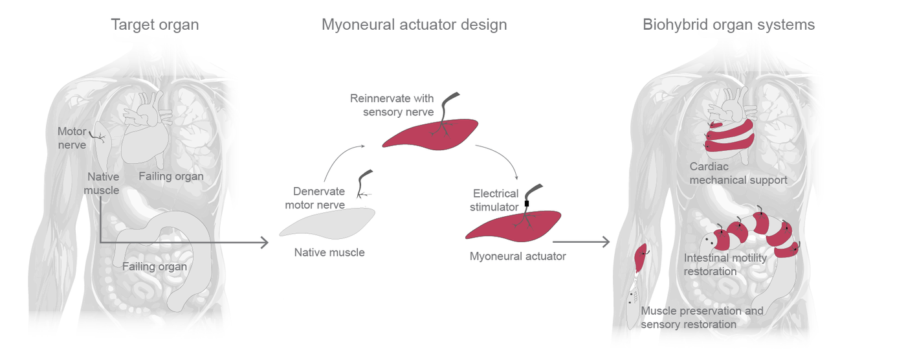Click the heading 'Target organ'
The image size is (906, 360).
[155, 25]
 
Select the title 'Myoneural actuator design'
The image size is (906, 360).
[414, 25]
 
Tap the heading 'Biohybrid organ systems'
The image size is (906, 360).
[729, 25]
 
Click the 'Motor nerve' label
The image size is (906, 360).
[72, 139]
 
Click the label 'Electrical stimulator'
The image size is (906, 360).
[496, 200]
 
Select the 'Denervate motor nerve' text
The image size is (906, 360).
[318, 198]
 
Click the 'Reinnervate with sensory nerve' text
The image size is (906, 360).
[392, 106]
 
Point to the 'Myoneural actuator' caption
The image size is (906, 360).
[518, 256]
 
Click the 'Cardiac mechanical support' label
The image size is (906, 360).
[738, 174]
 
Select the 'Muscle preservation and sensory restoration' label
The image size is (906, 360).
[702, 317]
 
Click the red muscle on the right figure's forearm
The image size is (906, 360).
[642, 258]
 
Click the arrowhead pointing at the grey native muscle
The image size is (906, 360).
[264, 243]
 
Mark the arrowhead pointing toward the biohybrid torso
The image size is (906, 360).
[606, 242]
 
